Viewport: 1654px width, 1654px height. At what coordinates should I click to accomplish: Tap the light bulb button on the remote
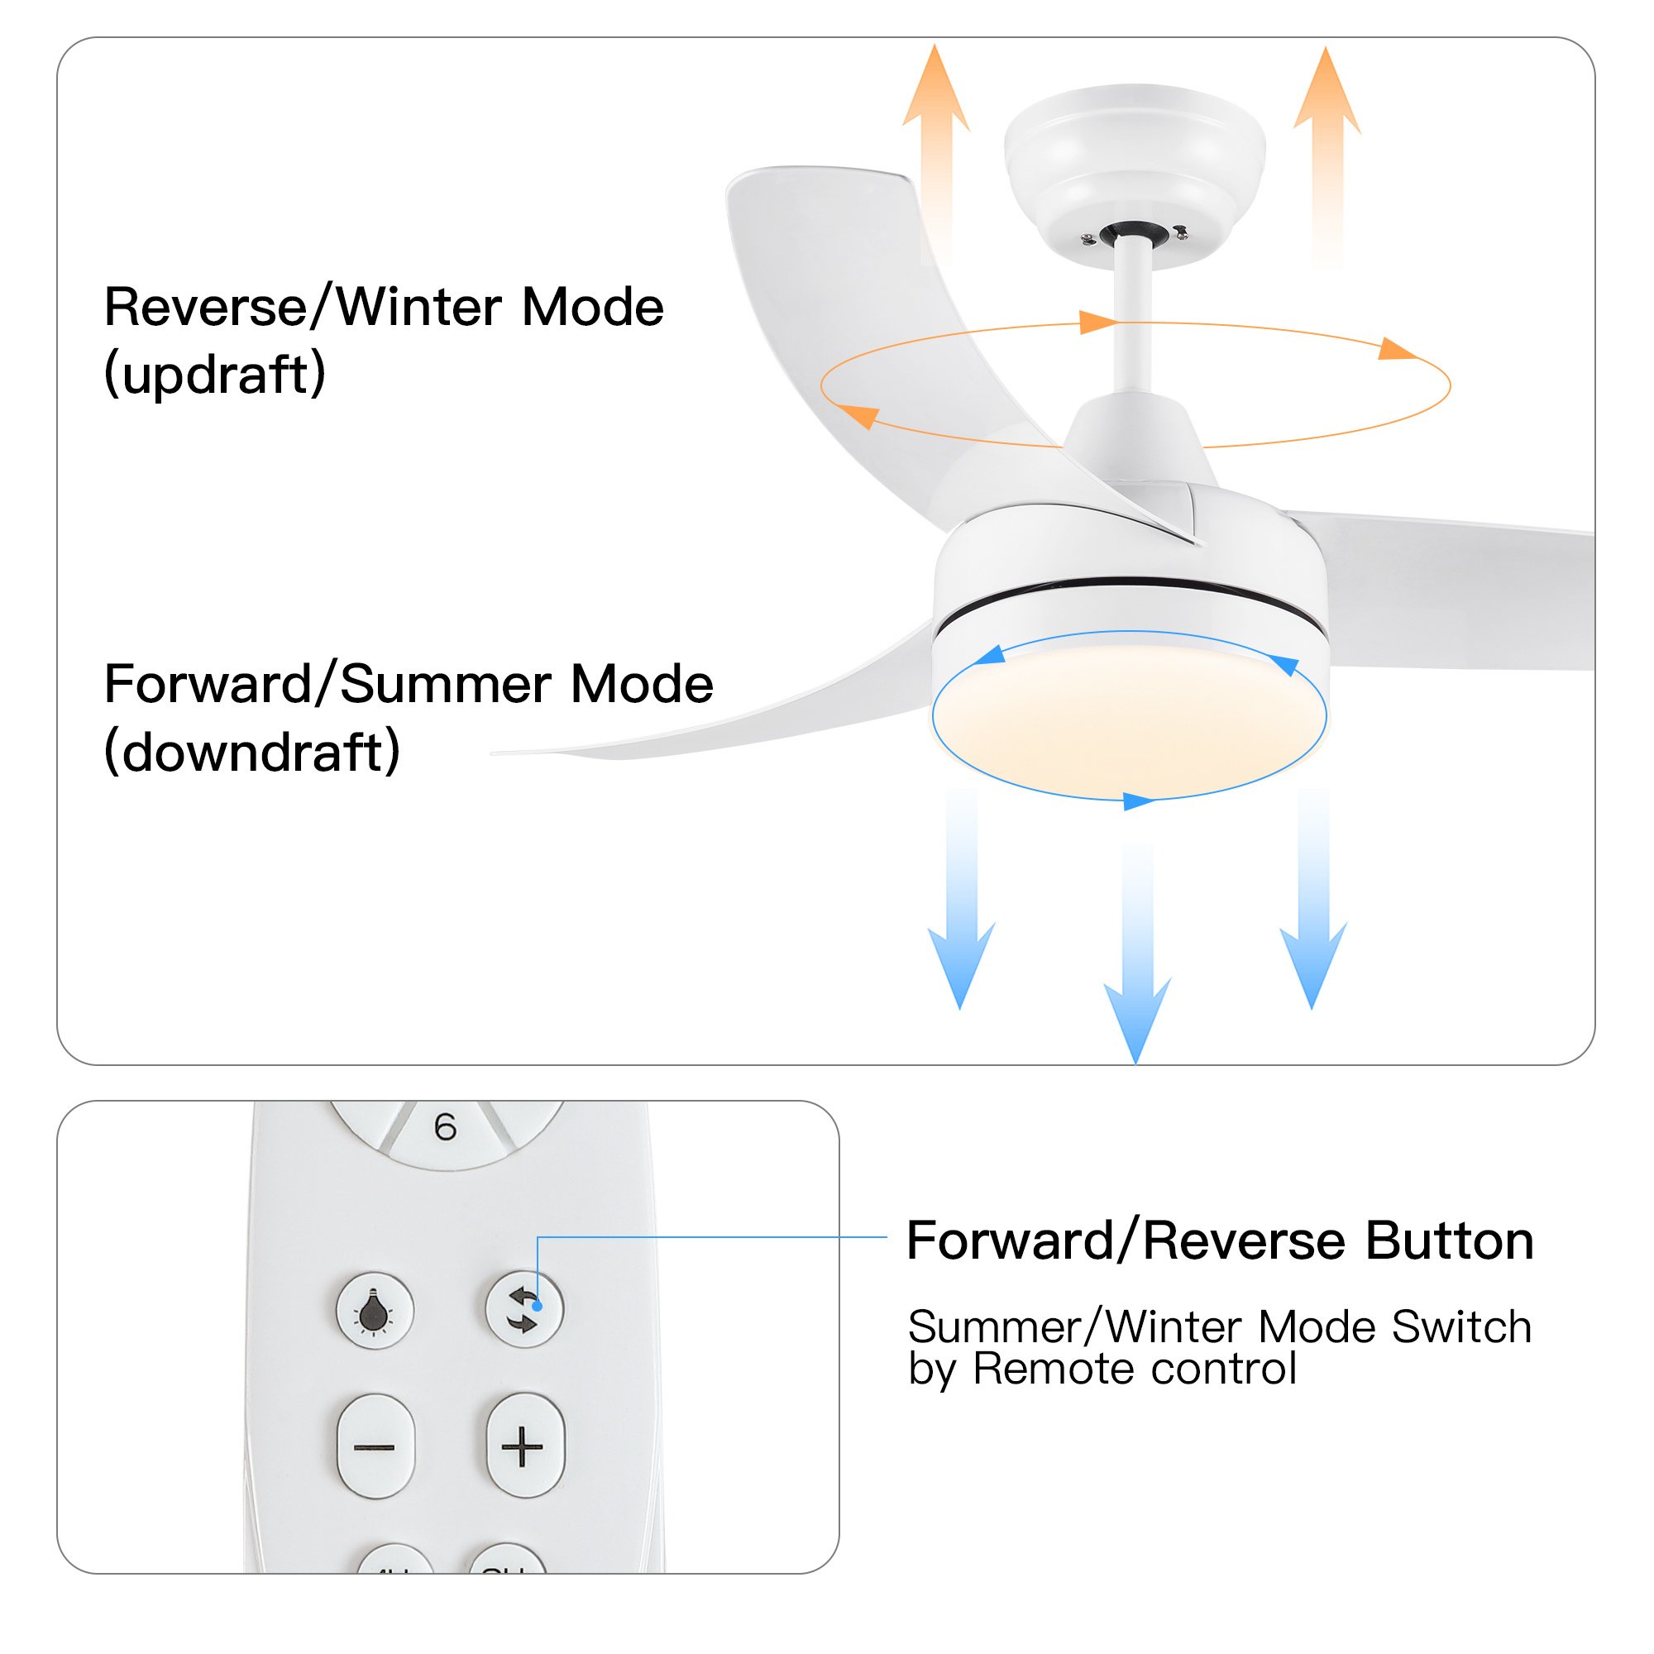tap(374, 1311)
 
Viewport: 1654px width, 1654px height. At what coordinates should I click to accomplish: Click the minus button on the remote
tap(375, 1446)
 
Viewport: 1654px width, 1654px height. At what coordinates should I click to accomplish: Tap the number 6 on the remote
tap(445, 1127)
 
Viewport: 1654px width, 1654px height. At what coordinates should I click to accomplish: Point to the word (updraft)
tap(215, 373)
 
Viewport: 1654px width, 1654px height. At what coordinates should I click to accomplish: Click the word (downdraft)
tap(251, 752)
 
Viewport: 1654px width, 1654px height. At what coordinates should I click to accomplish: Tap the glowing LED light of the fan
tap(1128, 715)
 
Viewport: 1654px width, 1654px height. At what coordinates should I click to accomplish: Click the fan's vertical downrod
tap(1134, 317)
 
